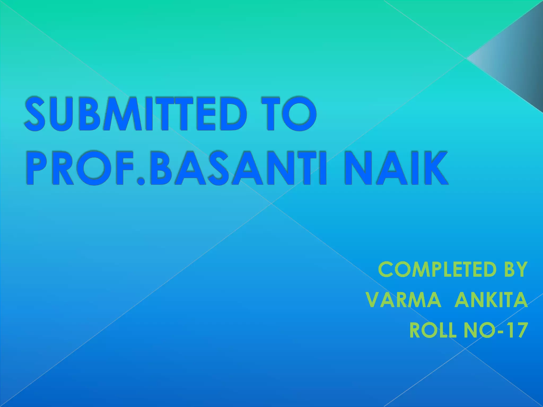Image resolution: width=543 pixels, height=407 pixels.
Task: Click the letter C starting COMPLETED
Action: point(387,269)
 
